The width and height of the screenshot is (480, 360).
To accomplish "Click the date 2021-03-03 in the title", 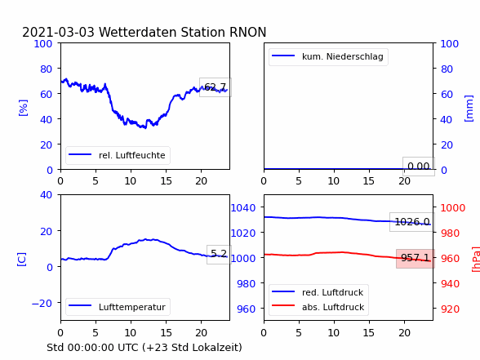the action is (x=58, y=32).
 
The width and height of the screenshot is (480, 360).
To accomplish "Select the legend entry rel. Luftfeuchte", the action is (x=118, y=155).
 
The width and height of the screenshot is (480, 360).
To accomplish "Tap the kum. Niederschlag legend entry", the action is (x=328, y=56).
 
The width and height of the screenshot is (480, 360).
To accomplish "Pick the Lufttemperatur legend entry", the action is (x=118, y=307).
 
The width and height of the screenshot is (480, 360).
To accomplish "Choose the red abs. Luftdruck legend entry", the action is (x=318, y=307).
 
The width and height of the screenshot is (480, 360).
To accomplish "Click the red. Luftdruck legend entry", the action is (x=318, y=292).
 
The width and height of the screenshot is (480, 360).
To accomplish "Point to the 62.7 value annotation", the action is (x=216, y=87).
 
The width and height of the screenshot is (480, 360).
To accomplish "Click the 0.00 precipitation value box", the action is (x=419, y=167).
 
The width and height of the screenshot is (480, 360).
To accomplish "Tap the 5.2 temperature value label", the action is (x=219, y=253).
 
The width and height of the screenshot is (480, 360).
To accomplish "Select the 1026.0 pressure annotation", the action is (x=412, y=222).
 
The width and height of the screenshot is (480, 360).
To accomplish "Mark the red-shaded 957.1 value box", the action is (x=416, y=258).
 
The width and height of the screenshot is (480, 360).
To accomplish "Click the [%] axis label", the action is (x=23, y=108).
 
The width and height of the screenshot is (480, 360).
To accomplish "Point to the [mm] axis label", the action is (x=469, y=109).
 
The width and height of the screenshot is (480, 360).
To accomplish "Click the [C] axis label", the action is (x=22, y=259).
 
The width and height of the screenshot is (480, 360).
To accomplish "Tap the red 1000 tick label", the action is (x=453, y=208).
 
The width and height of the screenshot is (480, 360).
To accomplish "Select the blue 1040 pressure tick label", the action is (x=243, y=208).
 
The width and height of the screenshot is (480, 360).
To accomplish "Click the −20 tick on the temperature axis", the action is (x=42, y=303).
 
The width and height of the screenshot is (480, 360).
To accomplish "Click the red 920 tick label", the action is (x=450, y=309).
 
